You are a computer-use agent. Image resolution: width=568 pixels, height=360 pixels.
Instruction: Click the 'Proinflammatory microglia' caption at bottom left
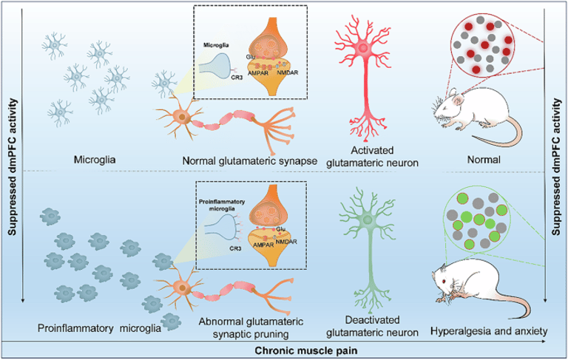(98, 328)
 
